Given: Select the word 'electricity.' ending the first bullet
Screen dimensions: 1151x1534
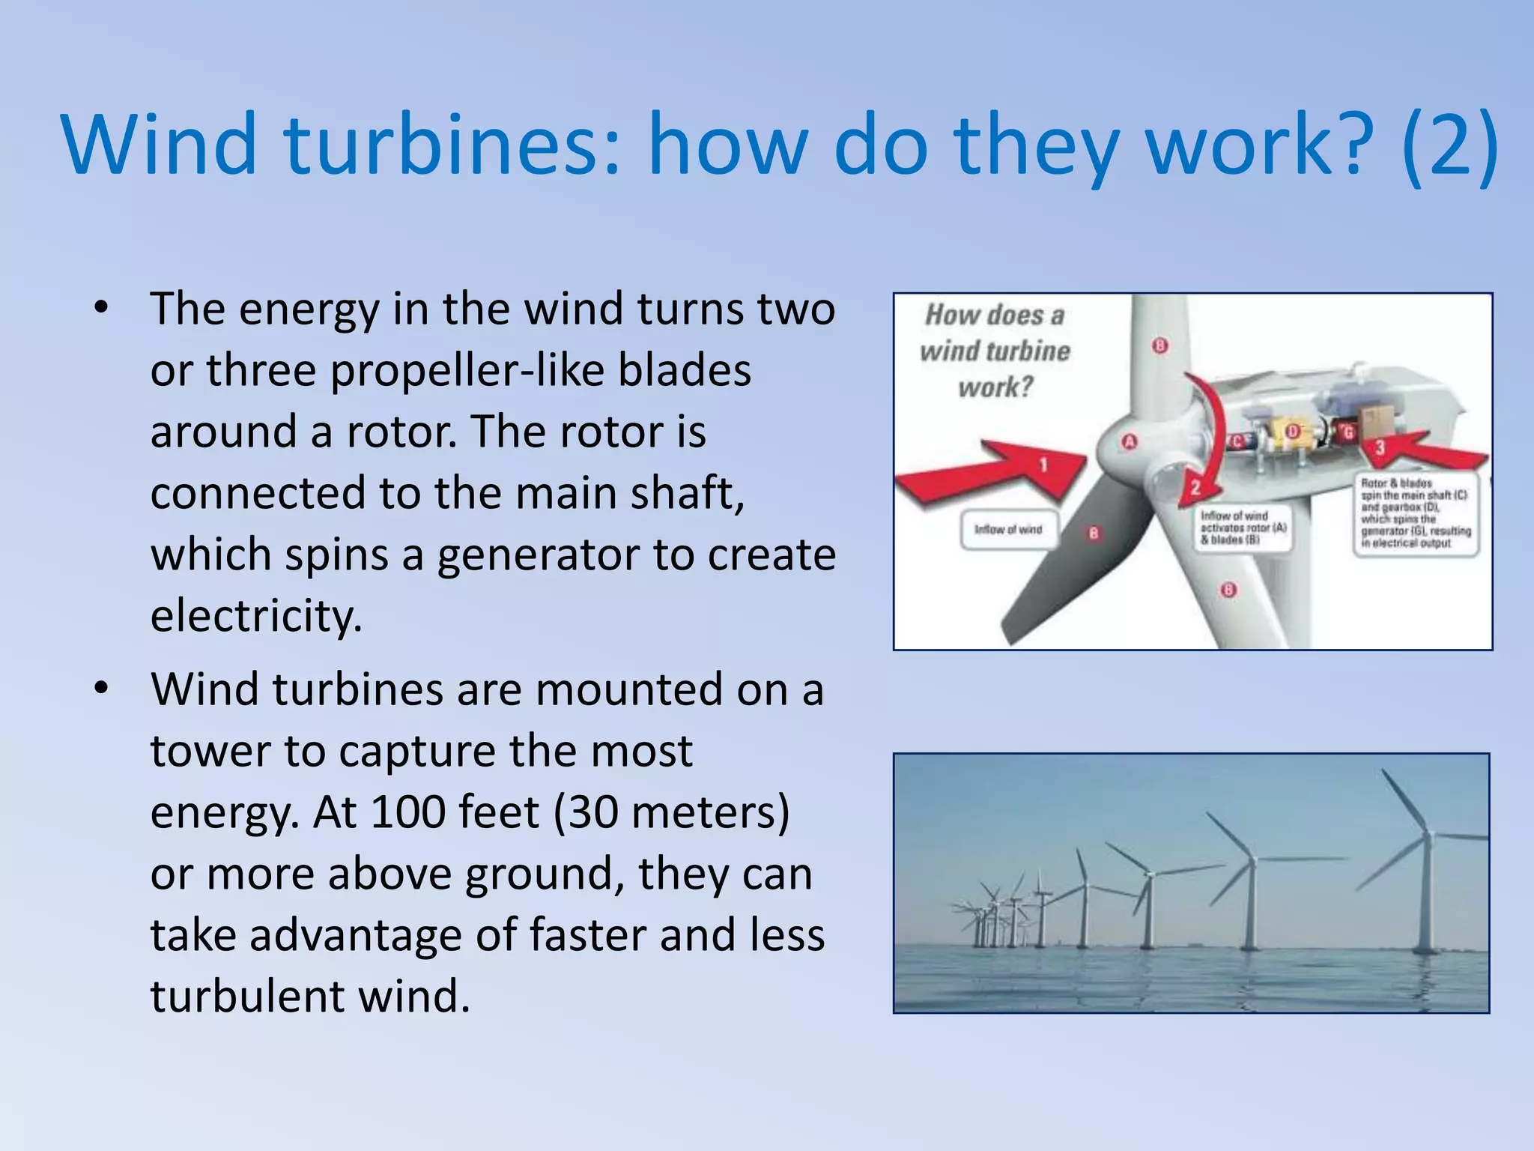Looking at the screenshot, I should tap(256, 616).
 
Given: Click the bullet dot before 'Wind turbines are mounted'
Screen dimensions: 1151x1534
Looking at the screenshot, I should tap(102, 688).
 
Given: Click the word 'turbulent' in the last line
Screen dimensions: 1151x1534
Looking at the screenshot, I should tap(247, 997).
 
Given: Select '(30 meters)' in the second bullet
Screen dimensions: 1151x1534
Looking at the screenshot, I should tap(671, 812).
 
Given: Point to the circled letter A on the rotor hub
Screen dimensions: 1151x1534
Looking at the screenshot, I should tap(1130, 442).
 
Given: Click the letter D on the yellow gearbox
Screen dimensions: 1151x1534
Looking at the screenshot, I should tap(1293, 431).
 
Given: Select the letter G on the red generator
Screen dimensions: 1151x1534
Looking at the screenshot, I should tap(1348, 432).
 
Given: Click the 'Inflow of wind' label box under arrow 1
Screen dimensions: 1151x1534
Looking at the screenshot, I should tap(1008, 530).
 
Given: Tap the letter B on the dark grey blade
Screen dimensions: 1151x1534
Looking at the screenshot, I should tap(1094, 534).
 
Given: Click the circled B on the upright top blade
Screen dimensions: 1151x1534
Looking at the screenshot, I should tap(1160, 345).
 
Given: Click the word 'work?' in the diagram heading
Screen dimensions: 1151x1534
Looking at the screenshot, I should tap(995, 387).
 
